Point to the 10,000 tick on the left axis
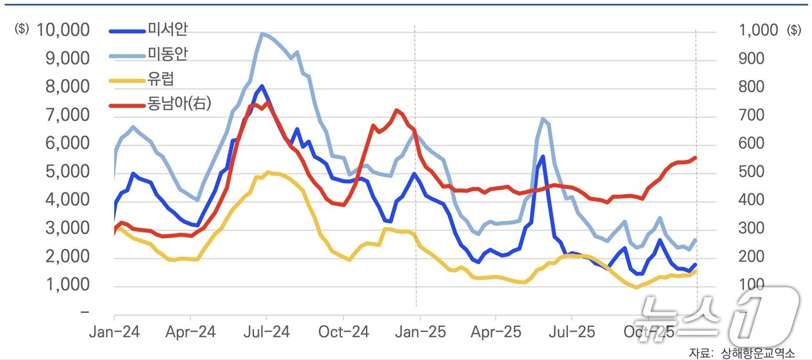63,30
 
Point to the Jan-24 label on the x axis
114,333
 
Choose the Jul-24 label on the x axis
266,333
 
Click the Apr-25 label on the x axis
495,333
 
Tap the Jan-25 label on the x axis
419,333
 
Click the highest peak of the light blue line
262,34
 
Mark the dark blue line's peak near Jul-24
262,86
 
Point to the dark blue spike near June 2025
543,157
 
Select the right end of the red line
695,158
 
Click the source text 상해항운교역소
757,352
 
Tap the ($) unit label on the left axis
21,30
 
